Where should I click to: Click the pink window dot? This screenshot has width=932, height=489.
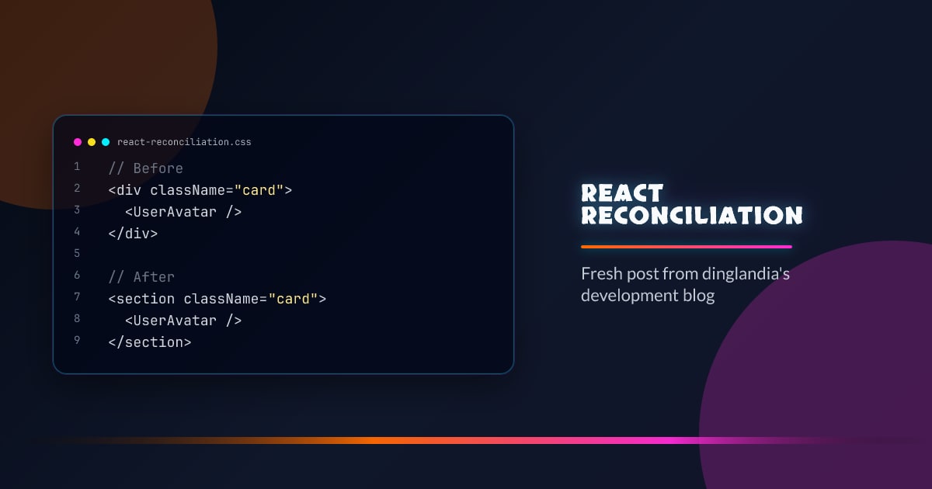coord(78,142)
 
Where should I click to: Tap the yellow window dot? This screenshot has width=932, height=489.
coord(92,142)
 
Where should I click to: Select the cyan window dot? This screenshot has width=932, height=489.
coord(106,142)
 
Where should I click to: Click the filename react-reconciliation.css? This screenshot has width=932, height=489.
coord(184,142)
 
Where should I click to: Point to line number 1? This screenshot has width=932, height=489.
coord(77,167)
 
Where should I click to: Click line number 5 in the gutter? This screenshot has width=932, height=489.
coord(77,254)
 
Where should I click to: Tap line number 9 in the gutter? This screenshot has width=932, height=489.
coord(77,340)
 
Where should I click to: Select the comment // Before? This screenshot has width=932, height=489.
coord(146,168)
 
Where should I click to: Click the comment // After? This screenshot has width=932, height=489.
coord(141,277)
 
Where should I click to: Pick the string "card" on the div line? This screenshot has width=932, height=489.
coord(259,190)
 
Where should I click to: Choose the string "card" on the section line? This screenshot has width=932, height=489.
coord(293,299)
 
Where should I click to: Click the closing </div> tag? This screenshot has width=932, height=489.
coord(133,233)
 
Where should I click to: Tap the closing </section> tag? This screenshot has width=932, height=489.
coord(150,342)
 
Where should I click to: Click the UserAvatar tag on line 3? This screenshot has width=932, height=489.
coord(183,212)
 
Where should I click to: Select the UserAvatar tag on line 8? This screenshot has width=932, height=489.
coord(183,321)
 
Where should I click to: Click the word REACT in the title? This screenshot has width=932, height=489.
coord(622,192)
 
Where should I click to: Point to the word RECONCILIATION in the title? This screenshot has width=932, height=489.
coord(692,215)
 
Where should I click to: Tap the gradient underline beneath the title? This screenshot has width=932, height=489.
coord(687,247)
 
